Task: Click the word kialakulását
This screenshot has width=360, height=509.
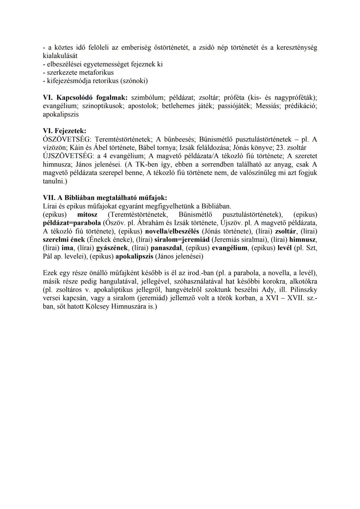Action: [x=60, y=56]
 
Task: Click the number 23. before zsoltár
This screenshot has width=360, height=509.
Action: [x=277, y=148]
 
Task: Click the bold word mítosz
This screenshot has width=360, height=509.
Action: [x=87, y=214]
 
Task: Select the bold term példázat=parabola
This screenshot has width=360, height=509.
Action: [x=72, y=223]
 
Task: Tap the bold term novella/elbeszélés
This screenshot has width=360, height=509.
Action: [x=172, y=231]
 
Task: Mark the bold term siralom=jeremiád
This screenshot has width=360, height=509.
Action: [x=182, y=240]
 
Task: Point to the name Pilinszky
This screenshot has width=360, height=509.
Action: [x=303, y=290]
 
